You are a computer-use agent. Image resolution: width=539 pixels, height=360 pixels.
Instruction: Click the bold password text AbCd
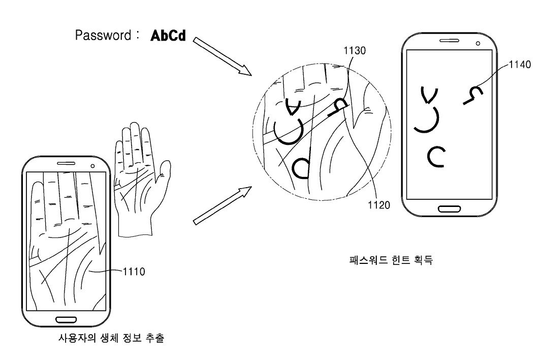click(168, 36)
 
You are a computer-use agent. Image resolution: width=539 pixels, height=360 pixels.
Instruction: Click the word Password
click(103, 35)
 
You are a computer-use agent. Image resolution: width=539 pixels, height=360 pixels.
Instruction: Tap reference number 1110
click(134, 272)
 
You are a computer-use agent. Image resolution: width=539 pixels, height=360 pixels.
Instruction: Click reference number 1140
click(520, 64)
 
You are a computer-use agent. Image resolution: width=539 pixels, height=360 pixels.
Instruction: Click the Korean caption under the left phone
click(112, 338)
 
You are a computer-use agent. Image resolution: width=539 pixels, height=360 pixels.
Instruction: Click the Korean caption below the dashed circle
click(391, 261)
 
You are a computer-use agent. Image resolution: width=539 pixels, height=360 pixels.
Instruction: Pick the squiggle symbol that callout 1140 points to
click(473, 95)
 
